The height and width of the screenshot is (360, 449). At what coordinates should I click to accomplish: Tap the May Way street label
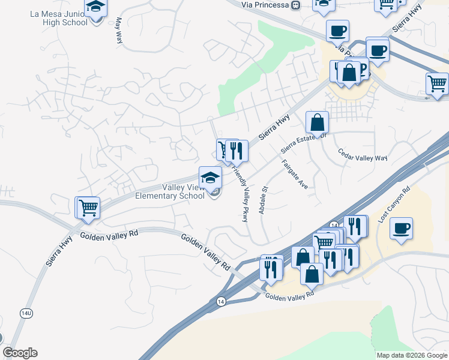118,31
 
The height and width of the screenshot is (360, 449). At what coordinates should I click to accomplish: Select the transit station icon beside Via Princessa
295,5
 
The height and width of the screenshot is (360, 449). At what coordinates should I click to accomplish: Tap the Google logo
20,353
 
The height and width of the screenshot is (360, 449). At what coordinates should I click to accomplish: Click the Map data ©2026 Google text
412,355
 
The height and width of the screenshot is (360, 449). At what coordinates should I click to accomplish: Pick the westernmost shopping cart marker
88,208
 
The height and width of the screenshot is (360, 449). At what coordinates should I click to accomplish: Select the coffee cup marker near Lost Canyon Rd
401,228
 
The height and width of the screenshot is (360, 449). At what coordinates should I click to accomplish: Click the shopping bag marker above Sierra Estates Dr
317,122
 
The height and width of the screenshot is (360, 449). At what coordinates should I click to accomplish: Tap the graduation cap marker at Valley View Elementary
210,177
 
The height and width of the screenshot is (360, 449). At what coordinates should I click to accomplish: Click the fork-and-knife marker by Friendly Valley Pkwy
237,151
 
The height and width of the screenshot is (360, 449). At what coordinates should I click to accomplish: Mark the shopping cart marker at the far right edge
438,83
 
